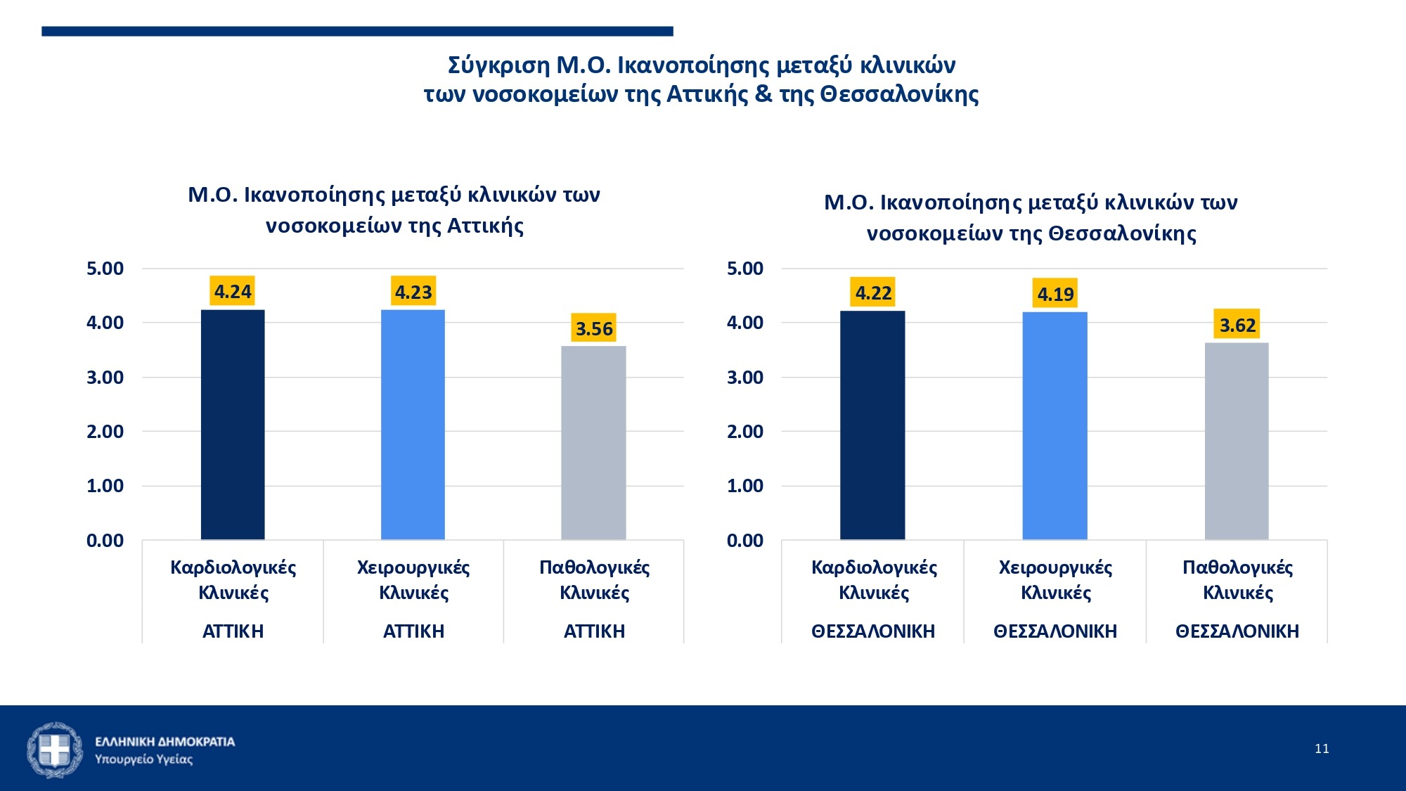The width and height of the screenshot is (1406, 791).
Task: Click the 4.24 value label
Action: [x=233, y=292]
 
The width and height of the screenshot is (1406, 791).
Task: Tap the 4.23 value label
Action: [x=413, y=292]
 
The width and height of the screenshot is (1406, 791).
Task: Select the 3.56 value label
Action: [x=594, y=328]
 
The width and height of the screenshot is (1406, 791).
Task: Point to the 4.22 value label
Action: [x=873, y=292]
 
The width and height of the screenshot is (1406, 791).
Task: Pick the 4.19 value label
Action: [x=1055, y=294]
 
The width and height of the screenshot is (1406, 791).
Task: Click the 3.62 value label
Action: [x=1237, y=326]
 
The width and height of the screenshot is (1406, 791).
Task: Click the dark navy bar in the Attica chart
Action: [x=233, y=425]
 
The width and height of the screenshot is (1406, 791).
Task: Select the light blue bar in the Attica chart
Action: [x=413, y=425]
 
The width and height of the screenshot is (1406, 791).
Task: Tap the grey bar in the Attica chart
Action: [x=593, y=443]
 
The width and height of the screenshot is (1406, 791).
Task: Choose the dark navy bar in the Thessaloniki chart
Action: [x=872, y=425]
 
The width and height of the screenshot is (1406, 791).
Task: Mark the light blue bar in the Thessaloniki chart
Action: [x=1054, y=426]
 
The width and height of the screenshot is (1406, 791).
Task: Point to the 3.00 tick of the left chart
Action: [x=105, y=378]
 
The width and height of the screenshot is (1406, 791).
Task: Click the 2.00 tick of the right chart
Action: [x=745, y=432]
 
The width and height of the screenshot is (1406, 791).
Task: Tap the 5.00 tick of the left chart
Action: [x=105, y=269]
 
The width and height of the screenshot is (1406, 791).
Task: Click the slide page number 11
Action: [x=1322, y=749]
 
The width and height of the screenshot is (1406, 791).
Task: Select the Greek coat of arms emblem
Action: [x=54, y=750]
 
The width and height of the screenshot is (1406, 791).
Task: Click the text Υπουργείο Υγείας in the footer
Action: [x=143, y=759]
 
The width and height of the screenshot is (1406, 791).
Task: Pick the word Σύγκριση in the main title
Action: [x=498, y=65]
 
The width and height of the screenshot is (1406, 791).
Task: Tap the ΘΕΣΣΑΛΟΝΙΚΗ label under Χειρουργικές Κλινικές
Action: [x=1055, y=631]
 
